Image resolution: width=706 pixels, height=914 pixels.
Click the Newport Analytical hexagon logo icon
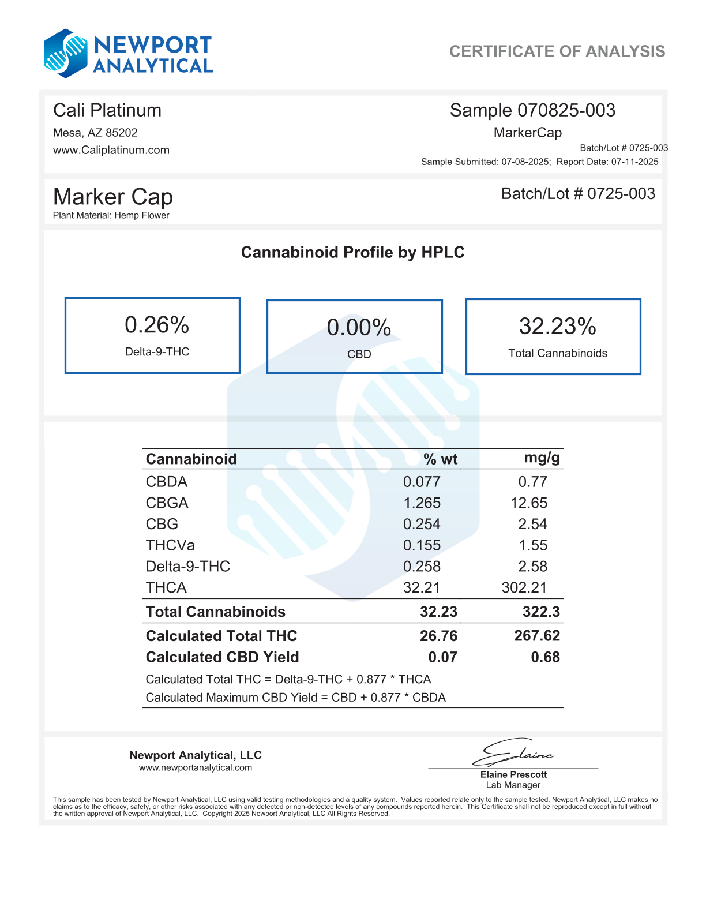(66, 54)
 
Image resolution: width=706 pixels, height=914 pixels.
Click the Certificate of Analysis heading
(557, 51)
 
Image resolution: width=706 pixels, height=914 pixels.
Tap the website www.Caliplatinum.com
(111, 150)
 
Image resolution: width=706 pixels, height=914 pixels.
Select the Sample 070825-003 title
(532, 110)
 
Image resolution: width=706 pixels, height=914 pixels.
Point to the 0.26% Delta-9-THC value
(157, 325)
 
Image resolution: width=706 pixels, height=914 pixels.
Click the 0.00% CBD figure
(359, 328)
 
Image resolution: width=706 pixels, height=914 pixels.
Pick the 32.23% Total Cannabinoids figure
(557, 327)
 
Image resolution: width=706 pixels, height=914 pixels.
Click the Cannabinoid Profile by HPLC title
(352, 252)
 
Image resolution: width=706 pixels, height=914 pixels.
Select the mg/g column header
(542, 458)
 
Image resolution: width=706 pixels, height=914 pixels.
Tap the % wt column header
(440, 459)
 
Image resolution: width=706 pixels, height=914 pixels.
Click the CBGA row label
(167, 503)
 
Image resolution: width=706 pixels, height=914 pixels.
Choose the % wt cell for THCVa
(422, 545)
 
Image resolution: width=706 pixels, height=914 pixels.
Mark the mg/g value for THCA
(524, 587)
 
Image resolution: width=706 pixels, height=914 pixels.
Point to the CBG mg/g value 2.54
(532, 524)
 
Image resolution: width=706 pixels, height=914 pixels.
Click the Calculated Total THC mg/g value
(536, 636)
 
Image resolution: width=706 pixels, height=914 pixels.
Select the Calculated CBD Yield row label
(222, 657)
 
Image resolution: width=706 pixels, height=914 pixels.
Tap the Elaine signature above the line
(513, 752)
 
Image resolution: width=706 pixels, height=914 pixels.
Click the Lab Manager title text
(513, 785)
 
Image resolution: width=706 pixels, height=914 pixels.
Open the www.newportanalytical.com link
(195, 767)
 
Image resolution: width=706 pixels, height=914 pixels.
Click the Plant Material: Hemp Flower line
(111, 215)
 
